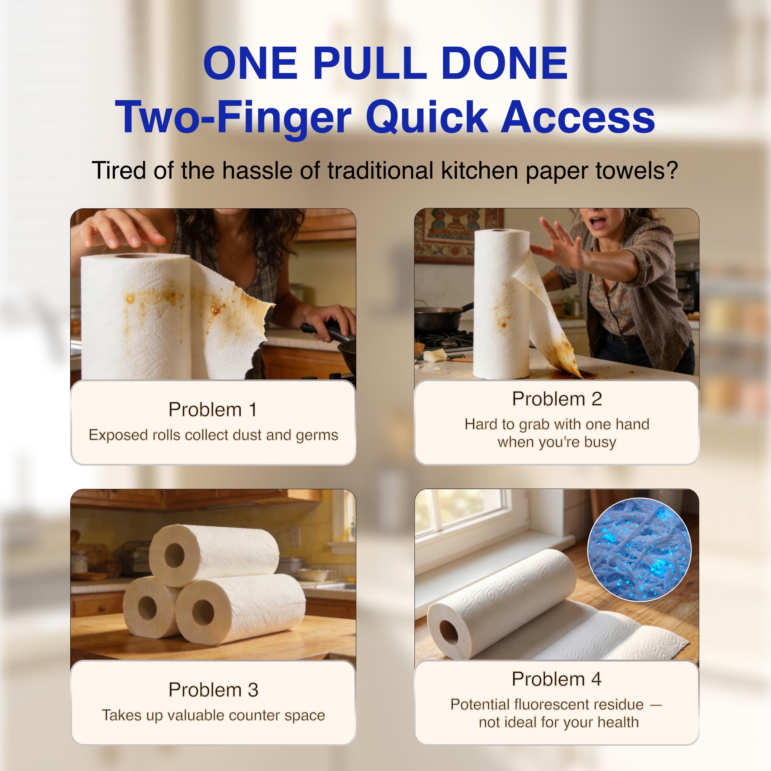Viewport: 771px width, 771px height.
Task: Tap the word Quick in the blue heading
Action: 426,117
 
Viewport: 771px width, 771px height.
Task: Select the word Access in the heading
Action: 577,117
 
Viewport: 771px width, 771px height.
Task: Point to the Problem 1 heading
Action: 213,409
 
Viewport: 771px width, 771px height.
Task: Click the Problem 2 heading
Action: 557,399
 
